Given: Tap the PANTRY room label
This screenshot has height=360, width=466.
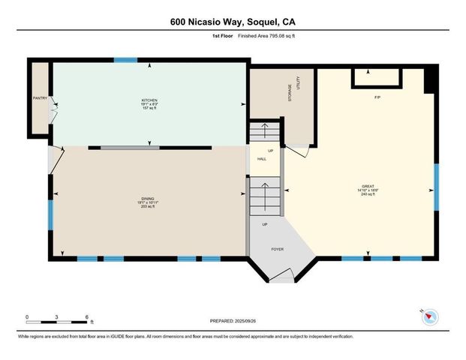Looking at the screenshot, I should pyautogui.click(x=40, y=98).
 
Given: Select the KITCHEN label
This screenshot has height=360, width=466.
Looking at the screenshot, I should pyautogui.click(x=149, y=100).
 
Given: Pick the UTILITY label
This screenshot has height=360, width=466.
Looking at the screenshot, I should pyautogui.click(x=299, y=85).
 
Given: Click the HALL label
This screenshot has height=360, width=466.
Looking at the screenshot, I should pyautogui.click(x=262, y=159).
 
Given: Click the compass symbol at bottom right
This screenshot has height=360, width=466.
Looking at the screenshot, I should pyautogui.click(x=428, y=316).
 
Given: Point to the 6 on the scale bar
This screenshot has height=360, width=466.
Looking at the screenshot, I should pyautogui.click(x=89, y=316).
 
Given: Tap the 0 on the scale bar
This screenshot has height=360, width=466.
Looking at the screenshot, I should pyautogui.click(x=27, y=316).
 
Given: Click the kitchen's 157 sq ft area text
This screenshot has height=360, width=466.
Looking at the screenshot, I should pyautogui.click(x=149, y=109).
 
